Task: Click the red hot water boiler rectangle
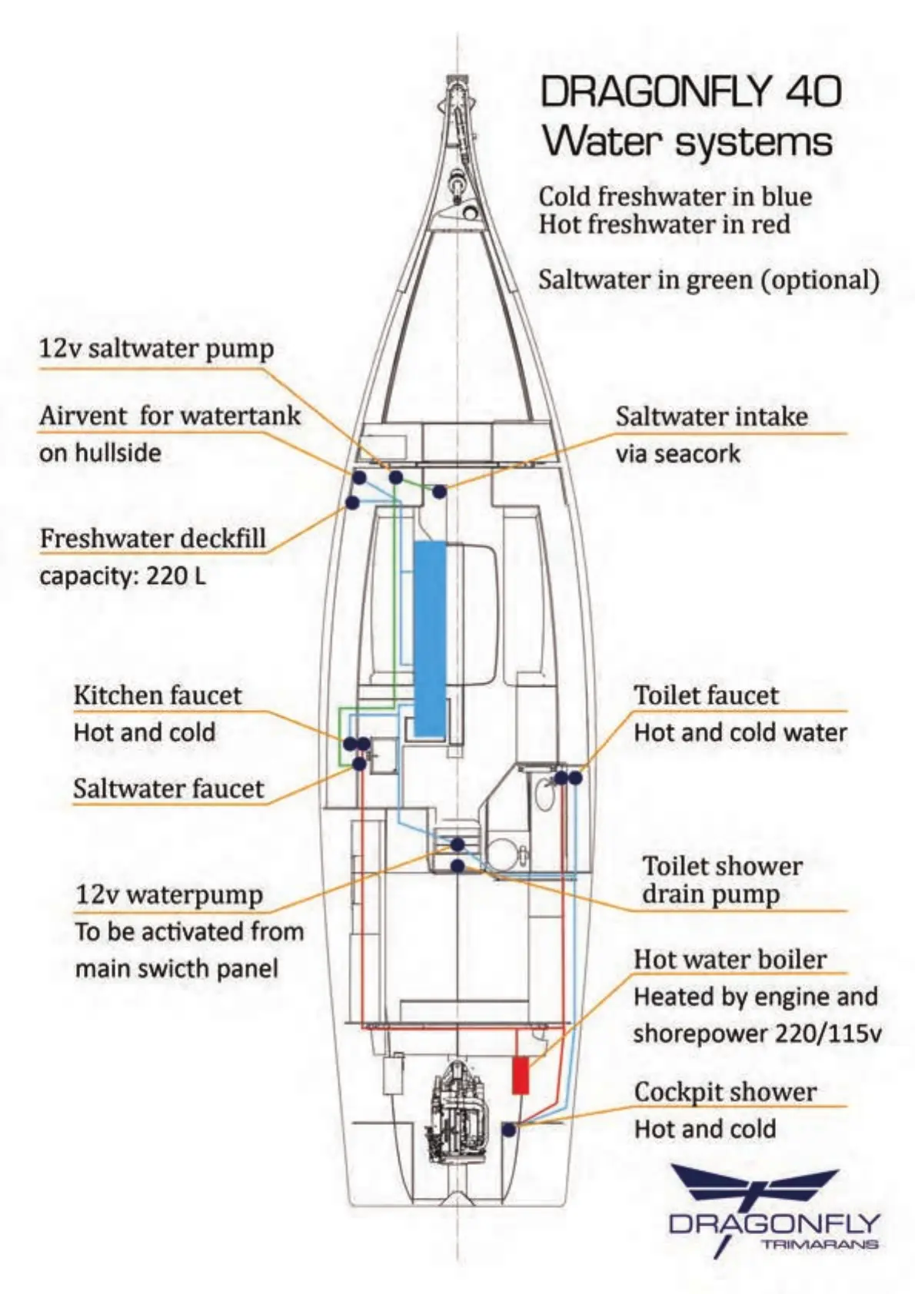point(521,1074)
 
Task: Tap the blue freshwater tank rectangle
point(430,638)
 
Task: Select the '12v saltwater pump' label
point(157,349)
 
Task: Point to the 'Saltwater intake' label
point(711,416)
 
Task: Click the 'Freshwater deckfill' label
point(153,539)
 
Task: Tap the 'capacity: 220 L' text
point(123,576)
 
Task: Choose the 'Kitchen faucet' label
point(158,695)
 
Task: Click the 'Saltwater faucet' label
point(168,788)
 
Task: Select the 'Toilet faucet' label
point(706,695)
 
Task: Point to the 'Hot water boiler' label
point(730,959)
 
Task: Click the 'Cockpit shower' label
point(725,1092)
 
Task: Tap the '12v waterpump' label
point(169,894)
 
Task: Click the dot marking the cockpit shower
point(508,1129)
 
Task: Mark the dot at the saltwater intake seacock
point(439,491)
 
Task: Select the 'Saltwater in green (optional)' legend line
point(708,280)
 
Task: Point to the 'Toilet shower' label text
point(722,866)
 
